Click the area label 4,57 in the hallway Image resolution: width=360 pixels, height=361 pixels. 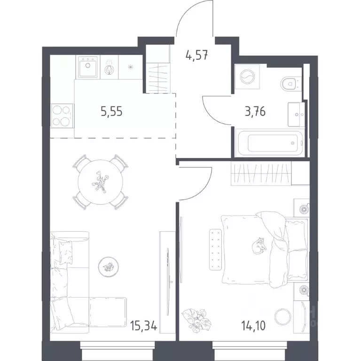point(197,56)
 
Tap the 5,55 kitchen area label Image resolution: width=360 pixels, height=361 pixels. point(112,112)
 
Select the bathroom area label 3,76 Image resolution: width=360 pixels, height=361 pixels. point(255,112)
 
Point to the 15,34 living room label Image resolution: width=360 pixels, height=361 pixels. point(143,326)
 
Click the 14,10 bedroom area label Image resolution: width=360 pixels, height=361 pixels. point(253,326)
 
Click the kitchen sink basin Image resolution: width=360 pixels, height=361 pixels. point(88,67)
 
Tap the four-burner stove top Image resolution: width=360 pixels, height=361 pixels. point(62,116)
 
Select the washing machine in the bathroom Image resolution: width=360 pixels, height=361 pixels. point(247,77)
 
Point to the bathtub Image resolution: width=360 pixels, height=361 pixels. point(270,142)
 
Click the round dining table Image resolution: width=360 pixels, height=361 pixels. point(101,182)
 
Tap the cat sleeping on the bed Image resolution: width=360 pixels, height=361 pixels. point(259,246)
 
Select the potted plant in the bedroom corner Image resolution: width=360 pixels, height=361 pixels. point(196,320)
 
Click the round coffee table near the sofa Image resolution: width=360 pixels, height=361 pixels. point(108,267)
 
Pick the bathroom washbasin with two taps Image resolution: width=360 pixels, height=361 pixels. point(296,114)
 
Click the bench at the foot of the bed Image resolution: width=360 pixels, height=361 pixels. point(215,249)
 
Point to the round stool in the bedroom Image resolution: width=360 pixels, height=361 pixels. point(283,317)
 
